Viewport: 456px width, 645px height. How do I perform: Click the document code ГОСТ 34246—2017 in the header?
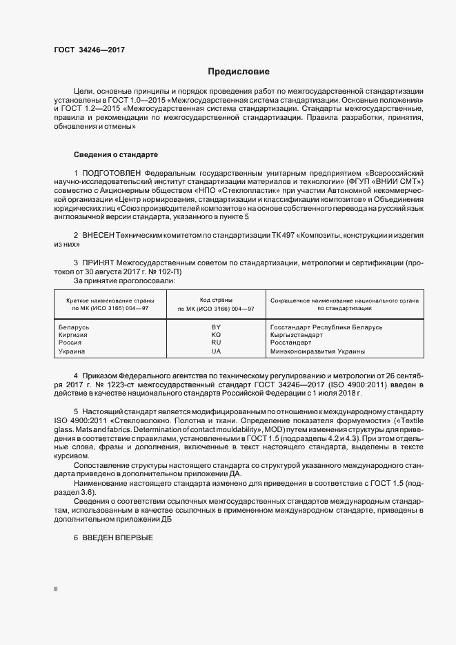coord(89,50)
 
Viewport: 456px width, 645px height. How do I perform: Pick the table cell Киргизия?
coord(73,335)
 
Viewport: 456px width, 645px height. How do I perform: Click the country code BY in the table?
coord(216,327)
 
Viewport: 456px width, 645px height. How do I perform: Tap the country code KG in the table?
coord(216,335)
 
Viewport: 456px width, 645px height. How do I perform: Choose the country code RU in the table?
coord(216,342)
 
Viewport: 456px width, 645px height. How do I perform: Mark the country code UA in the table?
coord(216,351)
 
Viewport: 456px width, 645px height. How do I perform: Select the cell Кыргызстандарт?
coord(297,335)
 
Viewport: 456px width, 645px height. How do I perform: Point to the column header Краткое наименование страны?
coord(110,301)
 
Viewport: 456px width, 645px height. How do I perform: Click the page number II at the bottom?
coord(57,590)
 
